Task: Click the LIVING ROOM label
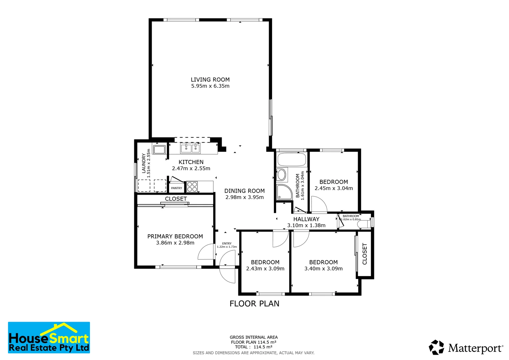(x=210, y=80)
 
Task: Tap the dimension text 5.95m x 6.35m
(x=210, y=86)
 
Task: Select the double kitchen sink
(x=190, y=148)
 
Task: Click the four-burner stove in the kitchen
(x=192, y=187)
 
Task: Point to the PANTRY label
(x=176, y=188)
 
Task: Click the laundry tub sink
(x=159, y=149)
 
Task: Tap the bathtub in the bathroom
(x=292, y=160)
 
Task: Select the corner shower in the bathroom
(x=283, y=192)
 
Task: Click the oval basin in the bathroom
(x=282, y=175)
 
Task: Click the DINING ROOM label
(x=244, y=191)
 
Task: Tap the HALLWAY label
(x=306, y=219)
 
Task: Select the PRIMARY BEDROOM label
(x=175, y=237)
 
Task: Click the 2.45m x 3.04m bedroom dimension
(x=334, y=188)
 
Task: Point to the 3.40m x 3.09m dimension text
(x=323, y=269)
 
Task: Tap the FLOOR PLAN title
(x=254, y=304)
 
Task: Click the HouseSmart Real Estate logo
(x=49, y=338)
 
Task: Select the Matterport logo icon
(x=436, y=347)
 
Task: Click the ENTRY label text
(x=227, y=244)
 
